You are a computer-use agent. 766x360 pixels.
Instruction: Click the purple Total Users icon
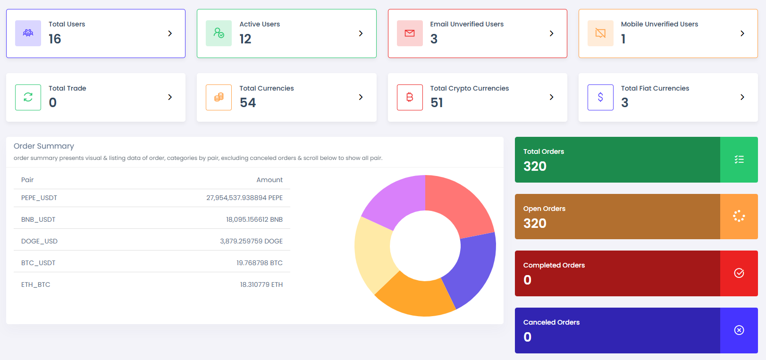(x=28, y=33)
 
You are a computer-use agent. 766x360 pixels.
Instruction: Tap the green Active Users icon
(x=219, y=33)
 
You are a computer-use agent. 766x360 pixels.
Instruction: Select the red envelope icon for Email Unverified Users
(x=410, y=33)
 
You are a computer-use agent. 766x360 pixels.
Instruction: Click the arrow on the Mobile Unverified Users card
(x=742, y=33)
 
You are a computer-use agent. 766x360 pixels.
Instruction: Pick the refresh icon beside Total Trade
(x=28, y=97)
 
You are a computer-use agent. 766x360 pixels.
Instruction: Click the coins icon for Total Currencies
(x=219, y=97)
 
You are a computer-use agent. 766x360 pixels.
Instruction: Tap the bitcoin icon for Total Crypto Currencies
(x=410, y=97)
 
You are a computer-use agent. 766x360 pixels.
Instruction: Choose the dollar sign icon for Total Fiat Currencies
(x=600, y=97)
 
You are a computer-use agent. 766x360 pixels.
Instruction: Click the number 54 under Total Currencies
(x=248, y=102)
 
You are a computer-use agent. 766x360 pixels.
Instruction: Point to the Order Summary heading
(x=44, y=146)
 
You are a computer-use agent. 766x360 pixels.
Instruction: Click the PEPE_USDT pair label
(x=39, y=198)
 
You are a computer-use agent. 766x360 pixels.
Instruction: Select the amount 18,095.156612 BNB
(x=254, y=219)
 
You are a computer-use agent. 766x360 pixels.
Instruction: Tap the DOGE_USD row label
(x=39, y=241)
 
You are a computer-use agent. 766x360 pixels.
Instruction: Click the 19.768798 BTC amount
(x=260, y=263)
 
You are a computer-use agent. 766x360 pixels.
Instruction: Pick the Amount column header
(x=269, y=180)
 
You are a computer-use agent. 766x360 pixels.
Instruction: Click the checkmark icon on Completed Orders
(x=739, y=273)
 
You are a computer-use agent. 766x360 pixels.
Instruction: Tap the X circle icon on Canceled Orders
(x=739, y=330)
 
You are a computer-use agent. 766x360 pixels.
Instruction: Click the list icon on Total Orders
(x=739, y=159)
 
